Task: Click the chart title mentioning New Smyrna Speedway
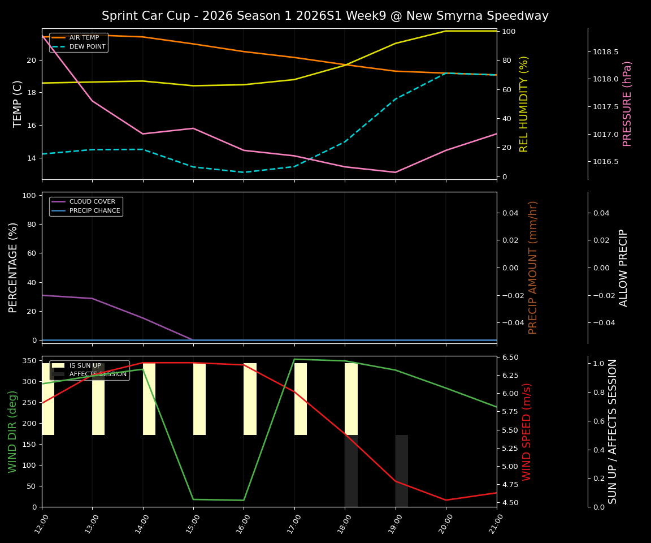(x=325, y=16)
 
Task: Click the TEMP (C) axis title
(x=18, y=104)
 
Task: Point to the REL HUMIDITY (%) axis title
(x=524, y=104)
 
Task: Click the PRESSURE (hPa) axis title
(x=627, y=104)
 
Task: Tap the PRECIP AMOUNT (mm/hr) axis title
(x=533, y=267)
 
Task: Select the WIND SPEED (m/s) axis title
(x=527, y=431)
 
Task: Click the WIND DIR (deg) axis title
(x=12, y=431)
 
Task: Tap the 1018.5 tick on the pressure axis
(x=605, y=52)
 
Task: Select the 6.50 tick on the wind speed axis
(x=511, y=357)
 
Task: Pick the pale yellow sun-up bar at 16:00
(x=250, y=399)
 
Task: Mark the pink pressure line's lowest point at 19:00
(x=396, y=173)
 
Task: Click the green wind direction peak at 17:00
(x=294, y=359)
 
